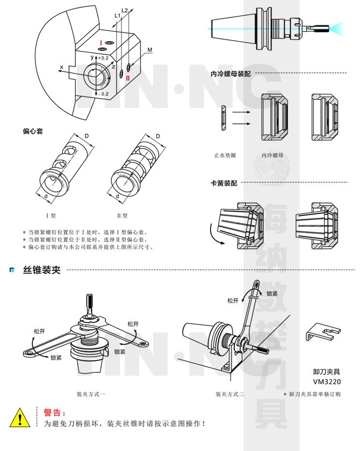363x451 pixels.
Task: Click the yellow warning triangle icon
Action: click(x=19, y=418)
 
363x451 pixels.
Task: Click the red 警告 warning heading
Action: click(x=54, y=413)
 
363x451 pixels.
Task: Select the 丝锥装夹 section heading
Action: click(x=42, y=270)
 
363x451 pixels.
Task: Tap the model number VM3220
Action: click(x=327, y=381)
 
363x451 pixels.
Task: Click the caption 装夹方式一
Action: click(x=91, y=394)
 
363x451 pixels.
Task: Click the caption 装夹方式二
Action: click(x=230, y=394)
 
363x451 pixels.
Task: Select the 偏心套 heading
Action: click(x=32, y=131)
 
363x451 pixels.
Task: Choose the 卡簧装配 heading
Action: click(x=224, y=184)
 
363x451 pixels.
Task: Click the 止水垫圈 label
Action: click(x=225, y=156)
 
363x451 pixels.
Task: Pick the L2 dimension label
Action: click(x=124, y=10)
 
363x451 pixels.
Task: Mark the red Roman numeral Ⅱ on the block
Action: click(x=128, y=78)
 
